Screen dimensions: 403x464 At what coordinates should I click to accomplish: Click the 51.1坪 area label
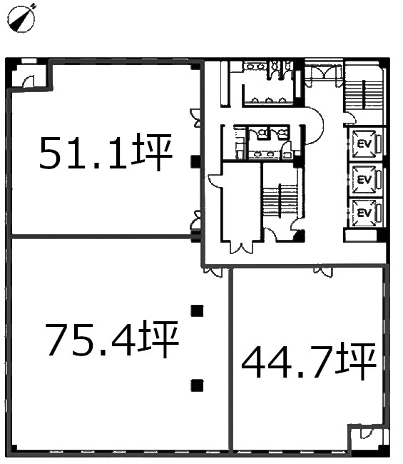(x=106, y=152)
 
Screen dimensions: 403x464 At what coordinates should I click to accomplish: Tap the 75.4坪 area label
(x=112, y=339)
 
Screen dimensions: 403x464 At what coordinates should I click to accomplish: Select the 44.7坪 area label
(x=309, y=361)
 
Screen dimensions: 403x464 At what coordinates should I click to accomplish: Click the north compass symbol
(x=21, y=18)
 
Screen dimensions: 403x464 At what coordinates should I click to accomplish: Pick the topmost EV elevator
(x=364, y=144)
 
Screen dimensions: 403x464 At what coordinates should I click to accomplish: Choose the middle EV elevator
(x=364, y=180)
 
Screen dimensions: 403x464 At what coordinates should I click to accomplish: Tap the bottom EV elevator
(x=364, y=213)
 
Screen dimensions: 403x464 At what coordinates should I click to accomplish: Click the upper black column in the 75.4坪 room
(x=197, y=311)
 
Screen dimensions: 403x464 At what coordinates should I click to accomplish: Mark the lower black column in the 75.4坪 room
(x=197, y=385)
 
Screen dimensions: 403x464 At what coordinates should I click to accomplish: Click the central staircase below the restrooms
(x=280, y=199)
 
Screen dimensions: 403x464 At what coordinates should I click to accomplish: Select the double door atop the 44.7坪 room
(x=323, y=272)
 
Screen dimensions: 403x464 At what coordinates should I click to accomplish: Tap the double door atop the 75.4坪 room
(x=213, y=272)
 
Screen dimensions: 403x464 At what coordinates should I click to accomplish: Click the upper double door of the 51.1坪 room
(x=195, y=118)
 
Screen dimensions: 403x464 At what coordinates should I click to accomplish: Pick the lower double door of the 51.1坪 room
(x=195, y=220)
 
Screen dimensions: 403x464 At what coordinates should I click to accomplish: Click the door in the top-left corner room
(x=29, y=81)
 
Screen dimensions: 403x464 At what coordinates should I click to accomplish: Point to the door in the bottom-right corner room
(x=367, y=434)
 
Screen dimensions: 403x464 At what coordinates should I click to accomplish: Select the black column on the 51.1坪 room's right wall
(x=195, y=161)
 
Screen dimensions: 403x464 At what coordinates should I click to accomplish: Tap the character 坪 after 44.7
(x=358, y=361)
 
